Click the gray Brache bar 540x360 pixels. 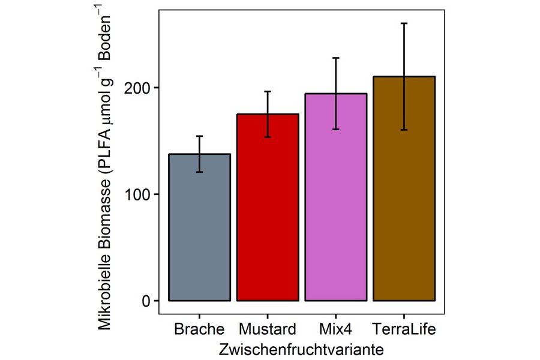click(199, 228)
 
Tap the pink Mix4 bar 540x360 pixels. click(335, 198)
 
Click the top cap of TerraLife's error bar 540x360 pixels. click(404, 23)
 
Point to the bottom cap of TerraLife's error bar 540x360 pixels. click(404, 130)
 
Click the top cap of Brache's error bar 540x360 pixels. click(199, 136)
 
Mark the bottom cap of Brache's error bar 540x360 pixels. click(199, 172)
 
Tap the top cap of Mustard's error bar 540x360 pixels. click(268, 92)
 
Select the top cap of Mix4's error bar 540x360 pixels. click(335, 58)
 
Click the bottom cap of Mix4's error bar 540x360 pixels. click(335, 129)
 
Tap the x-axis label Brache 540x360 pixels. click(199, 329)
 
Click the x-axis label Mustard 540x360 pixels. click(268, 329)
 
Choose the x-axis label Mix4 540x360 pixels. click(335, 329)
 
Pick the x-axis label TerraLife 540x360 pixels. click(404, 329)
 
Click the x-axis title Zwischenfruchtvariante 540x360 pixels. click(302, 349)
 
